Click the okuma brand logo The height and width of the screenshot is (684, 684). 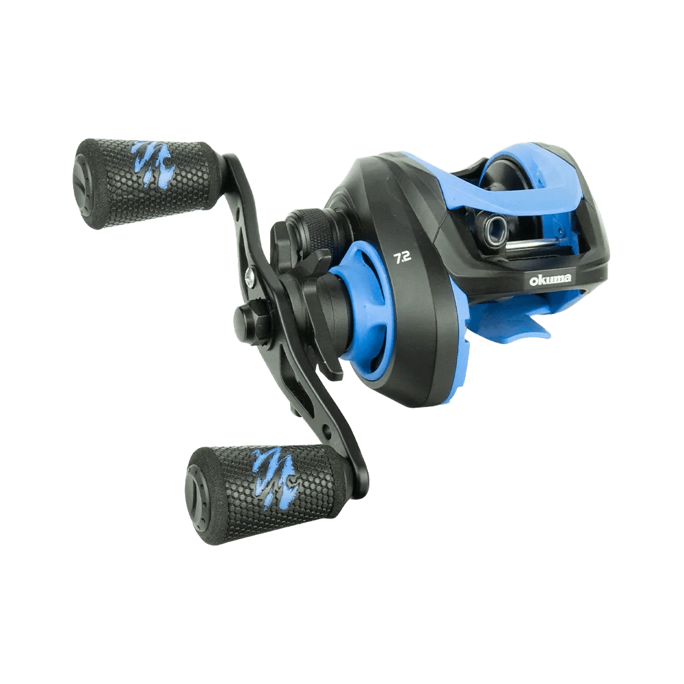click(x=550, y=279)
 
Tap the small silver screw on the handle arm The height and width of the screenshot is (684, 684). click(x=250, y=278)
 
